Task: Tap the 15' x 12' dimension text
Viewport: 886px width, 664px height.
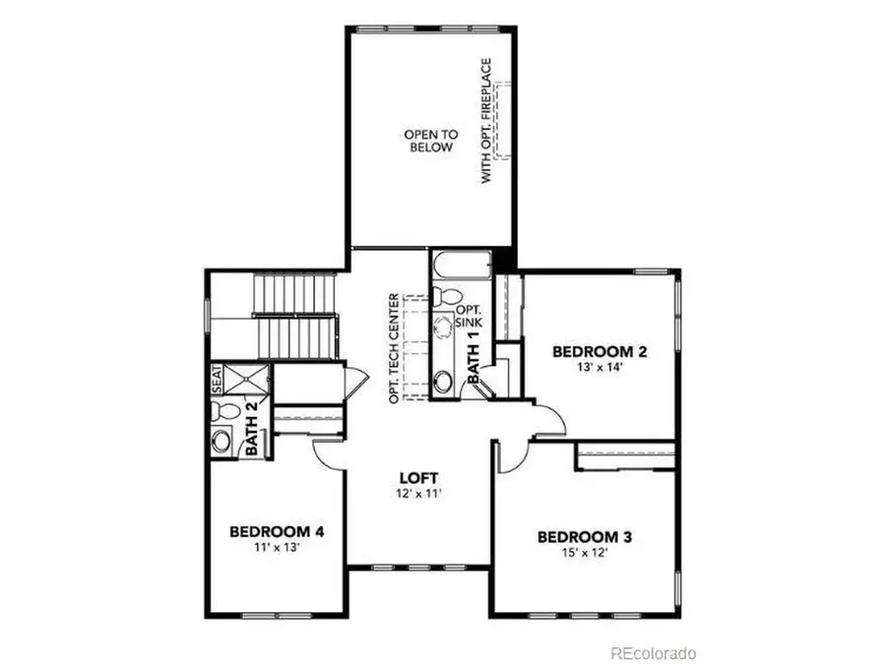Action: click(x=584, y=555)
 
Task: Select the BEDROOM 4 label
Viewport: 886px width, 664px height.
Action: click(x=277, y=532)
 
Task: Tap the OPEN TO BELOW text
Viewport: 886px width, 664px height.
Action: click(x=427, y=141)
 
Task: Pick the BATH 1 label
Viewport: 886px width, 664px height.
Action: click(x=474, y=357)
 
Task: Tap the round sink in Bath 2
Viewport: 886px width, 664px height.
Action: click(x=221, y=442)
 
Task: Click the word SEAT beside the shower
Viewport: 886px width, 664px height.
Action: click(x=217, y=379)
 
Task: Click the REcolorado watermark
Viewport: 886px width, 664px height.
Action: click(x=653, y=652)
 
